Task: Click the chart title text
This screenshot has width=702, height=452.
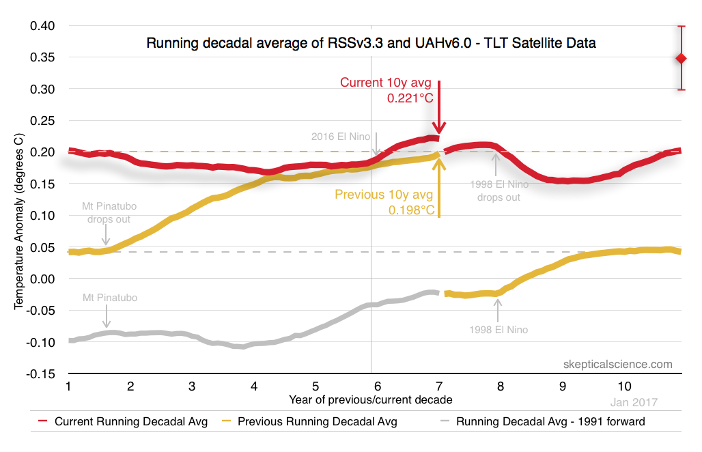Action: pos(371,44)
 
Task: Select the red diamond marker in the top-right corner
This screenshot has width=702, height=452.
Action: pos(681,59)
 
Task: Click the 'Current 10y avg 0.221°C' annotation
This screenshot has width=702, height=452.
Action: pos(387,90)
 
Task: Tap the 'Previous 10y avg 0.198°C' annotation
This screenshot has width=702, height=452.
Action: pos(384,202)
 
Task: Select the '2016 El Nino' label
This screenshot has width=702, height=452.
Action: pos(339,135)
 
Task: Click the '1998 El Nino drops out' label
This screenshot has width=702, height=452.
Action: pos(499,190)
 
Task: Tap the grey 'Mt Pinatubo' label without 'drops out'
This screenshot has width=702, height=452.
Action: pos(109,298)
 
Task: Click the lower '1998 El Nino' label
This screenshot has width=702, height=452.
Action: pos(499,330)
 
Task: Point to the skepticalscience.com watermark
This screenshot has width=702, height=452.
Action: pos(618,365)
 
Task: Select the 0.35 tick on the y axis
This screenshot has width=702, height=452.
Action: pos(42,58)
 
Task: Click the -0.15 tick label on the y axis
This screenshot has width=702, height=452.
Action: pos(41,373)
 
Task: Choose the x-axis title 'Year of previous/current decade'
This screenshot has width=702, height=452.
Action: pos(370,399)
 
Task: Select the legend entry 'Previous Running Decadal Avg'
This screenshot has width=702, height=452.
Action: pos(317,422)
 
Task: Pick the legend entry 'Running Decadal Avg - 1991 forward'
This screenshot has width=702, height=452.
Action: pos(550,422)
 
